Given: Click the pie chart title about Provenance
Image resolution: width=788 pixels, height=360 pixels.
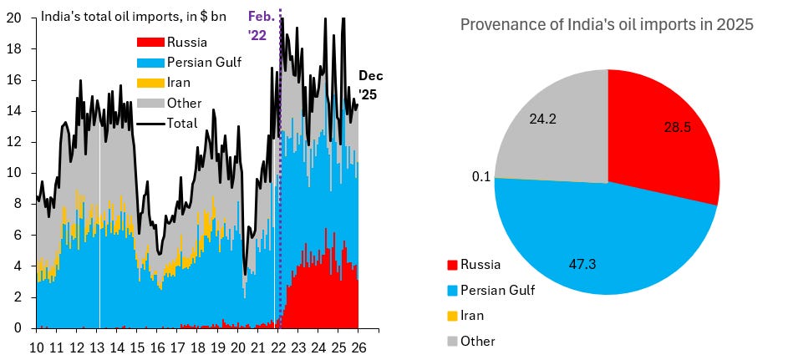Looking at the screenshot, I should coord(607,25).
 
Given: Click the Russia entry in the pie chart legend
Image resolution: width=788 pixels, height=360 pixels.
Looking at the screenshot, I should coord(480,265).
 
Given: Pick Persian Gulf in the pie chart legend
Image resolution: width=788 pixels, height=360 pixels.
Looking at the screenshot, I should coord(498,291).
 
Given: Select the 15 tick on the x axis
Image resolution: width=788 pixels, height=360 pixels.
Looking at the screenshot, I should coord(137,347).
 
